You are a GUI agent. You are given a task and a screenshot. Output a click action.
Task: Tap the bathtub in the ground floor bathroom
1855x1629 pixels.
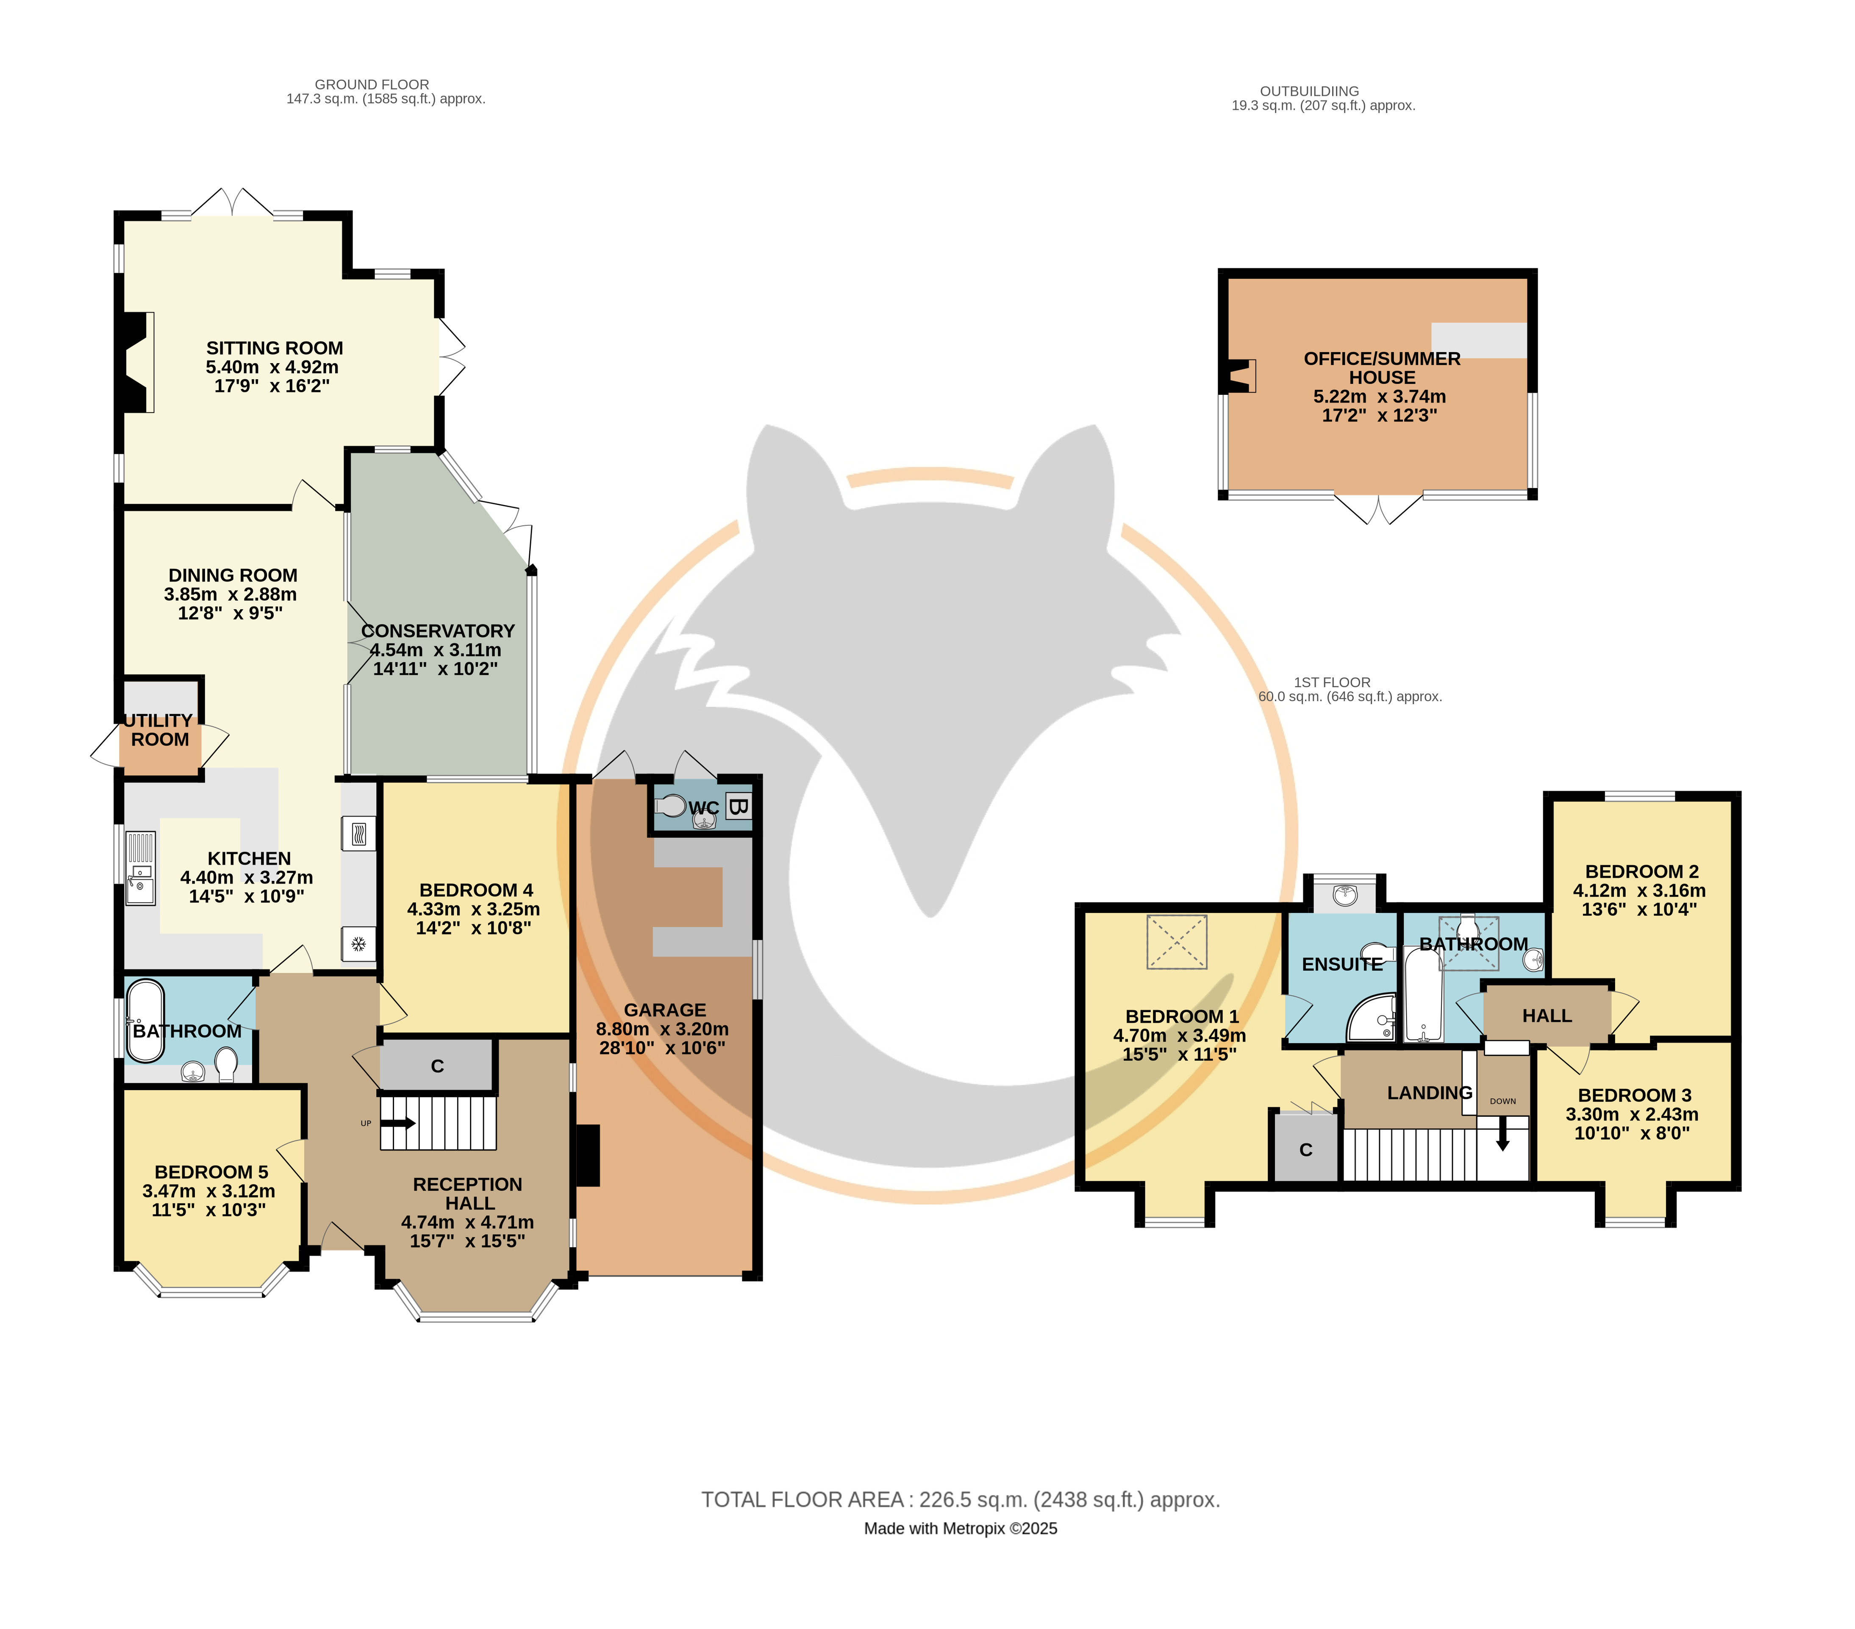[145, 1021]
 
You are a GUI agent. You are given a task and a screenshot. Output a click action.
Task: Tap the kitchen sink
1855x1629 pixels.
[141, 869]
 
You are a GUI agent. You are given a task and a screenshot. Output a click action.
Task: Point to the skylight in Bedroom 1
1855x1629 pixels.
[1177, 942]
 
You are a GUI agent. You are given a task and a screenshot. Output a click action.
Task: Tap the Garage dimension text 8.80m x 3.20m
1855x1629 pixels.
[663, 1029]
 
